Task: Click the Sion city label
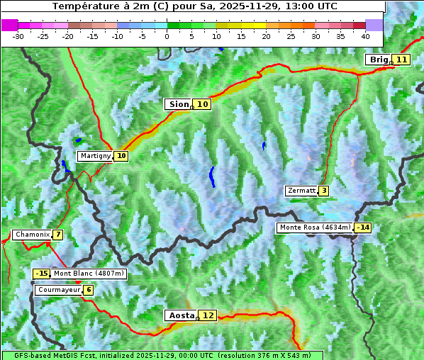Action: (179, 104)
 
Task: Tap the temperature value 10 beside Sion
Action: (203, 104)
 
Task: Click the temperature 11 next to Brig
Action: (402, 60)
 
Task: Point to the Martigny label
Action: (95, 156)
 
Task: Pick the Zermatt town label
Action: (301, 191)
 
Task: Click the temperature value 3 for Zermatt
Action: (323, 191)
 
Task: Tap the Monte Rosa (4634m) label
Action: (315, 227)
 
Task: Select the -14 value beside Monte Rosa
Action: (363, 227)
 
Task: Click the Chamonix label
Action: (31, 235)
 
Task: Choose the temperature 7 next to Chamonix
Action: (57, 235)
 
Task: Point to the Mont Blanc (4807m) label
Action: (89, 274)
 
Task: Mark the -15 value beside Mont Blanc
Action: (42, 274)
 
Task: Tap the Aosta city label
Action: (180, 315)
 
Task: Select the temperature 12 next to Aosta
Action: (208, 315)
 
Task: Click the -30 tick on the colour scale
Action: (18, 36)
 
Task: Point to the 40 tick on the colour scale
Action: (365, 36)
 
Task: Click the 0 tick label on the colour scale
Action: (167, 36)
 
